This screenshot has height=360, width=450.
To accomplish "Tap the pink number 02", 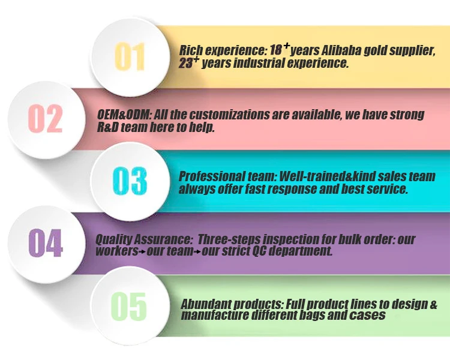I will [46, 118].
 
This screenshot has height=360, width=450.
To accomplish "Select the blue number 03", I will [130, 181].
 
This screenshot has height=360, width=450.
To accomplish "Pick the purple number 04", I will [46, 243].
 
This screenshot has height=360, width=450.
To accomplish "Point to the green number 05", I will [130, 305].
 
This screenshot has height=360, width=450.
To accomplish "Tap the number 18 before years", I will [276, 51].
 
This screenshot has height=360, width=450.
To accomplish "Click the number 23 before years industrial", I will [187, 64].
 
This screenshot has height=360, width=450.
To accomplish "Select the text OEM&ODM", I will [119, 115].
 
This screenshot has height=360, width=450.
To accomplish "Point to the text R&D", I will [108, 127].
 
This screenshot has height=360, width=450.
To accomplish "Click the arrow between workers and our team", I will [142, 252].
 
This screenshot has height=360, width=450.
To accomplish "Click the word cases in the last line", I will [370, 316].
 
